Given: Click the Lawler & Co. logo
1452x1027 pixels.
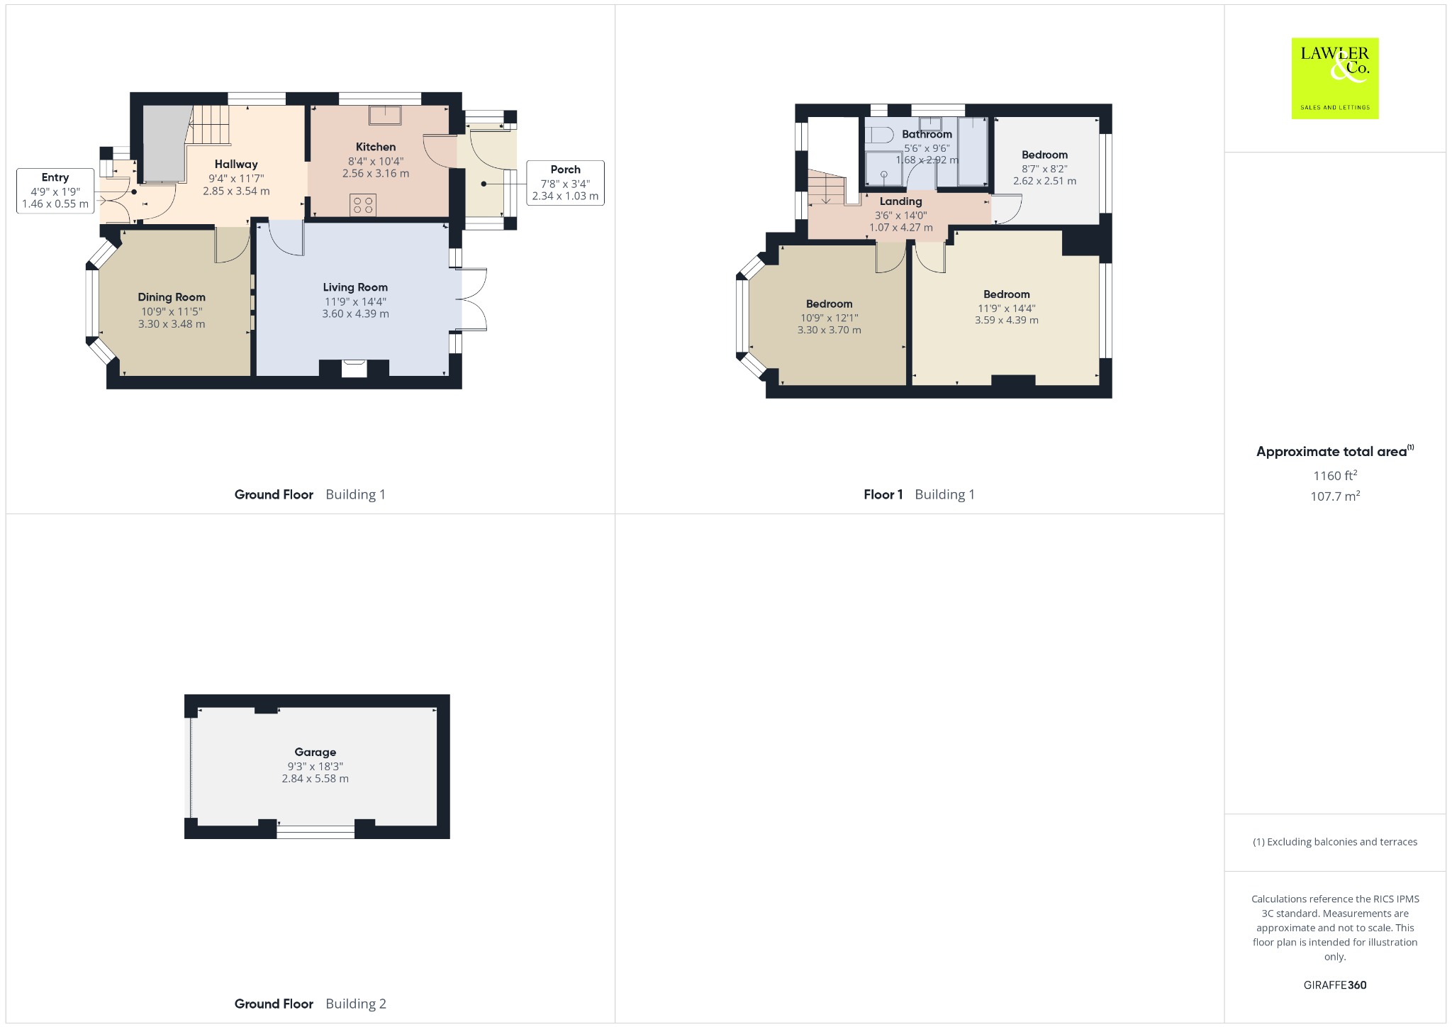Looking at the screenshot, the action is (1334, 78).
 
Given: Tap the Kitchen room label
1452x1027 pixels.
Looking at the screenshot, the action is (376, 147).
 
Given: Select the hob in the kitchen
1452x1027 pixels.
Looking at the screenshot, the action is (363, 205).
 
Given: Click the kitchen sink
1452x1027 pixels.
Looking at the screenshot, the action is (384, 115).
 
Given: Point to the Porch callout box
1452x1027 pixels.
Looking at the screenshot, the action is (565, 183).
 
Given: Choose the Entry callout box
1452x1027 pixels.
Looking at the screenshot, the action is (55, 190).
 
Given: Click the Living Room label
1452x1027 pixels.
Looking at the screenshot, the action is (355, 287).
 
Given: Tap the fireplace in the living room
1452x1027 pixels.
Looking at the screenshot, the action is (354, 369).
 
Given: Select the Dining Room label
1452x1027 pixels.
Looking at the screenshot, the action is (172, 297).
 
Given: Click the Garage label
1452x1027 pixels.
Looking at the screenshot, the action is (315, 752).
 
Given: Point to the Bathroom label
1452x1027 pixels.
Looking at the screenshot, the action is (927, 134).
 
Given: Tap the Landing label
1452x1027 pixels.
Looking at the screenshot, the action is (901, 201).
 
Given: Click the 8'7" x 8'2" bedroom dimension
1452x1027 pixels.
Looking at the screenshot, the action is (1044, 169).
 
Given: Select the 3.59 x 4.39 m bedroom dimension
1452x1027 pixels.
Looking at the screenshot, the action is (1007, 320).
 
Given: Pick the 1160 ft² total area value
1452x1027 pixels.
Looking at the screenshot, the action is (1335, 475).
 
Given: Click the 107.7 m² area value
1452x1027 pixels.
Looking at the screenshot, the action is (1335, 496).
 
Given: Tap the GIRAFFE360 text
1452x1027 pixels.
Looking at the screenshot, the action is (1335, 985).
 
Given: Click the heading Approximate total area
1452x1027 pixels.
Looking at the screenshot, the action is (1331, 452).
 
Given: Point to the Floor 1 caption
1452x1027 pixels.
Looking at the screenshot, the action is (883, 494).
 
